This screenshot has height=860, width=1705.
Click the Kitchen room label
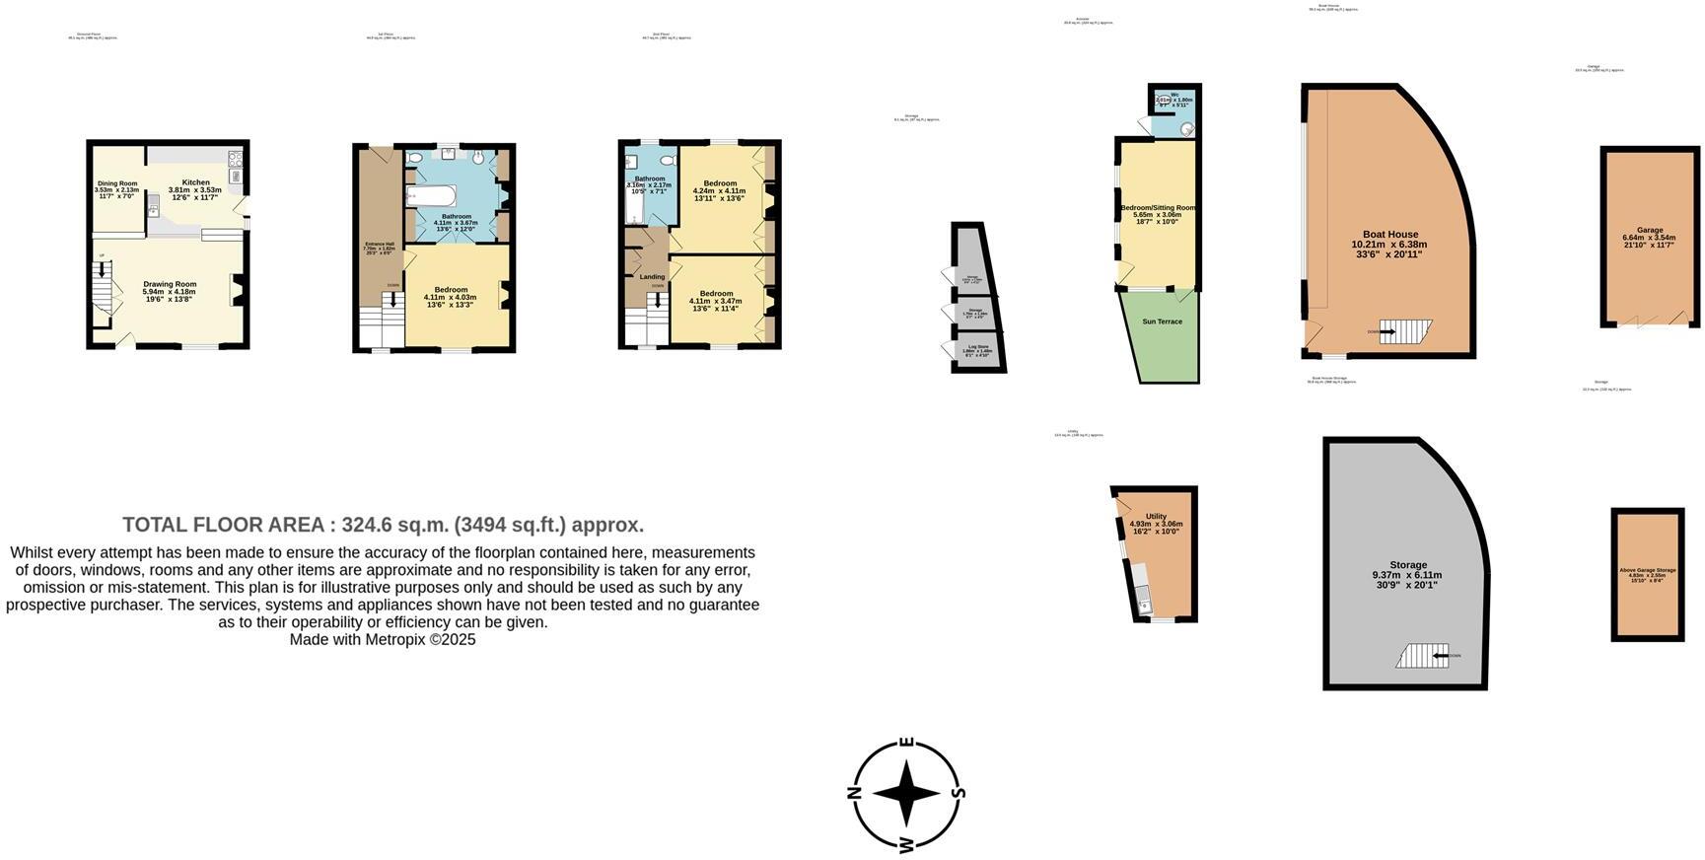[195, 182]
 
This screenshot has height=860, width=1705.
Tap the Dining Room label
[116, 183]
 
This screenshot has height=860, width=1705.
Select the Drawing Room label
[170, 284]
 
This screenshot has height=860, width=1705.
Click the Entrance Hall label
[379, 244]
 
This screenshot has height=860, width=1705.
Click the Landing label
[652, 277]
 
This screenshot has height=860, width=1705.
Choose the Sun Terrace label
[1162, 322]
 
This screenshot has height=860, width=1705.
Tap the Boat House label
[1389, 235]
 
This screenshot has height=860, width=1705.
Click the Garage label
[1649, 230]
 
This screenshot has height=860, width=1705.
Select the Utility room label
[1156, 516]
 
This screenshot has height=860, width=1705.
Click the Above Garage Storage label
[1647, 570]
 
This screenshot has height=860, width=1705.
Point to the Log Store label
[977, 346]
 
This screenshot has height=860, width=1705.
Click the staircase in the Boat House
[1404, 332]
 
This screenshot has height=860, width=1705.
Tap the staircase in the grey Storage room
[1421, 656]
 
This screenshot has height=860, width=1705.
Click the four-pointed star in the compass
[906, 793]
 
